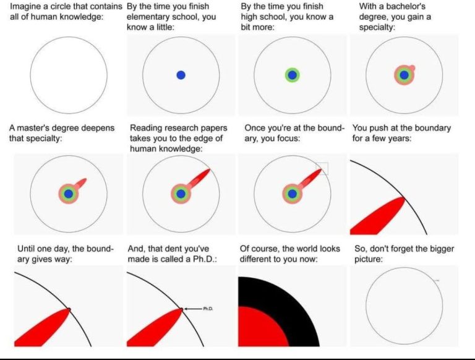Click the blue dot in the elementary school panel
(x=181, y=75)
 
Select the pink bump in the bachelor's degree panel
(x=412, y=68)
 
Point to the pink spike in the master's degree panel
(x=81, y=182)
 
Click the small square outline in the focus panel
(x=322, y=163)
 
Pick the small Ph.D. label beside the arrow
(x=208, y=309)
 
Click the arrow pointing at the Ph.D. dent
(x=193, y=309)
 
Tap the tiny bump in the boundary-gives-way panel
(x=69, y=309)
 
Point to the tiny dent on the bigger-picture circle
(x=437, y=281)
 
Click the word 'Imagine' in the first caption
(x=25, y=6)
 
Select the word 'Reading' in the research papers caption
(x=145, y=128)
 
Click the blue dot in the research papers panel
(x=181, y=194)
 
